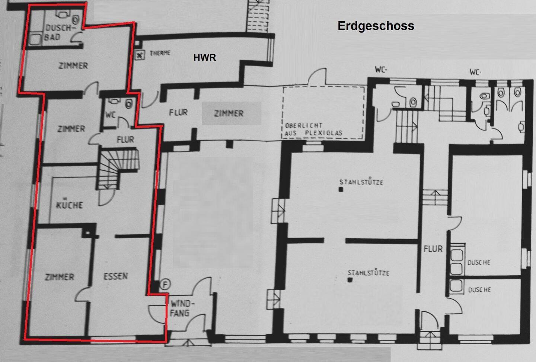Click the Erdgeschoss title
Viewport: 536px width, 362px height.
(x=376, y=26)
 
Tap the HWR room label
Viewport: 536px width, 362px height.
(x=205, y=57)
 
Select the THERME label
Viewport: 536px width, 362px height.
(x=160, y=53)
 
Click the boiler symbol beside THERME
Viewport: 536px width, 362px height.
(x=140, y=55)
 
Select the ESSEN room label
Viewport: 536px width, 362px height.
(x=115, y=276)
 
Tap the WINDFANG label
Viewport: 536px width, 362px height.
(x=182, y=308)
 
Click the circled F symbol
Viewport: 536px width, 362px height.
(x=165, y=284)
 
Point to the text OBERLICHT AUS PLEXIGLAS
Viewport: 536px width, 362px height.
(x=313, y=129)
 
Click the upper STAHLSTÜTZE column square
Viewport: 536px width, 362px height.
(x=341, y=190)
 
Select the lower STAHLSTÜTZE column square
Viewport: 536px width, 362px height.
(x=350, y=280)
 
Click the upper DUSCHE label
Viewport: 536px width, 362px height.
(x=479, y=262)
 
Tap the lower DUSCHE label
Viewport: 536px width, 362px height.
(x=479, y=290)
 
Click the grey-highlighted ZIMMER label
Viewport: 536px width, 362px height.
(x=229, y=113)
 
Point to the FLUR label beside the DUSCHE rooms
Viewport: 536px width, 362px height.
(x=433, y=249)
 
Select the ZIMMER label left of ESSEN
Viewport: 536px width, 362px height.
(x=60, y=277)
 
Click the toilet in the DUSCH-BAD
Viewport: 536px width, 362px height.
(x=76, y=20)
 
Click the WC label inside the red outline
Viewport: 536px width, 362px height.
(x=111, y=115)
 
